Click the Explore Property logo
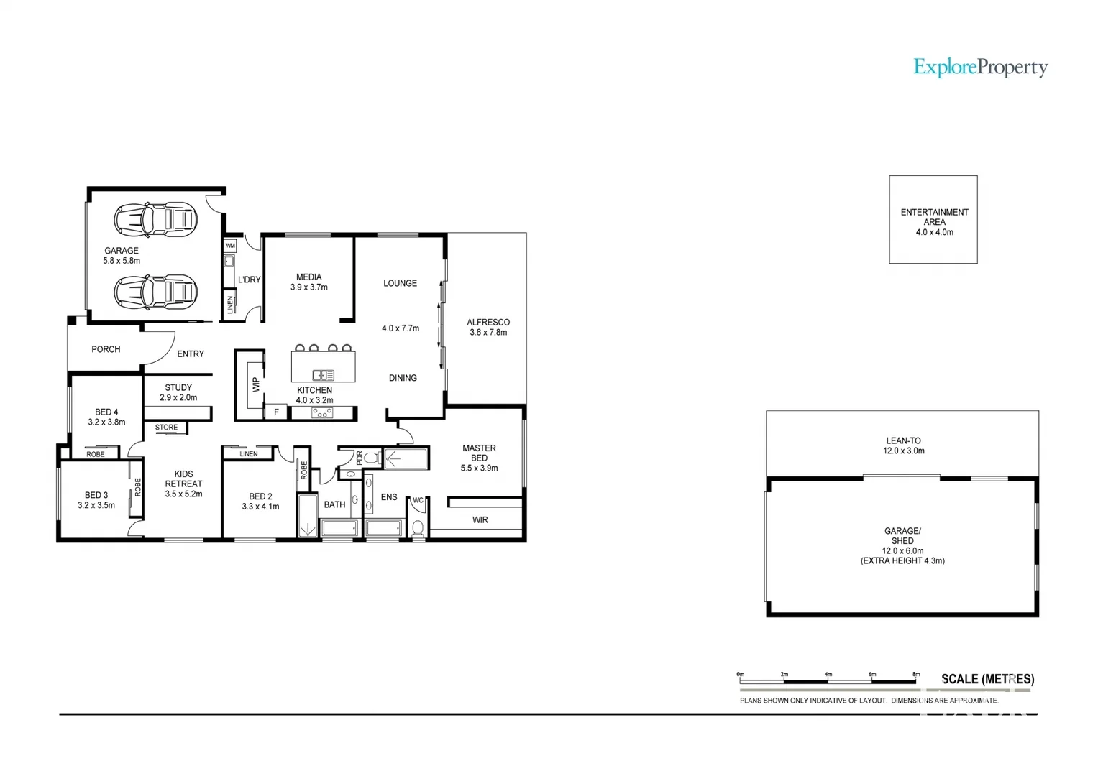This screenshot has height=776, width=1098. [980, 68]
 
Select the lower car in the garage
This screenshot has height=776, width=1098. [155, 292]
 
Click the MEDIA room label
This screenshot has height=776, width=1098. [308, 277]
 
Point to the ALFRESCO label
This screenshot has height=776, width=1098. [488, 323]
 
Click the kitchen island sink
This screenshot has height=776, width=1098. [323, 374]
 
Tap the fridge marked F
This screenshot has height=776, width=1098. [276, 412]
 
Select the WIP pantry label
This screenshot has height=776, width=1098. [255, 384]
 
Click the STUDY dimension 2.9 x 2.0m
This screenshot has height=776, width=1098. [178, 397]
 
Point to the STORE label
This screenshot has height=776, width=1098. [166, 427]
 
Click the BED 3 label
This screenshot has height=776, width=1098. [96, 495]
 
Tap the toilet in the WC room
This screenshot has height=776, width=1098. [417, 528]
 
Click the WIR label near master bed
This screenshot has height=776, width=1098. [480, 519]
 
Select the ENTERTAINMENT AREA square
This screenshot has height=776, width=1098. [933, 220]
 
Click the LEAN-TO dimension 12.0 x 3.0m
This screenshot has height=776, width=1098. [903, 451]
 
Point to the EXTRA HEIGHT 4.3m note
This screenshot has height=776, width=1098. [902, 560]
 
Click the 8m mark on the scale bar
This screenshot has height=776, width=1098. [916, 675]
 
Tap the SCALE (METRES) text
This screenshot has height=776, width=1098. [987, 678]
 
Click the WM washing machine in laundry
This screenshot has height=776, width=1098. [230, 246]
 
